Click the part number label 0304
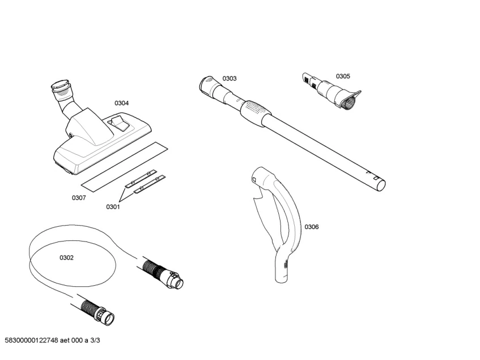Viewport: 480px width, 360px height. coord(121,103)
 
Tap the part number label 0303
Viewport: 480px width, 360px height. coord(229,78)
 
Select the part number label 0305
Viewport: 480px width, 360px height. coord(342,76)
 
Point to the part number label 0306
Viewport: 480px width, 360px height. coord(311,227)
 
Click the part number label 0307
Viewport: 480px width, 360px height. coord(79,198)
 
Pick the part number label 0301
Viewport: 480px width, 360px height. coord(113,207)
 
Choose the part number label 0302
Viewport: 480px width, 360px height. coord(66,258)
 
